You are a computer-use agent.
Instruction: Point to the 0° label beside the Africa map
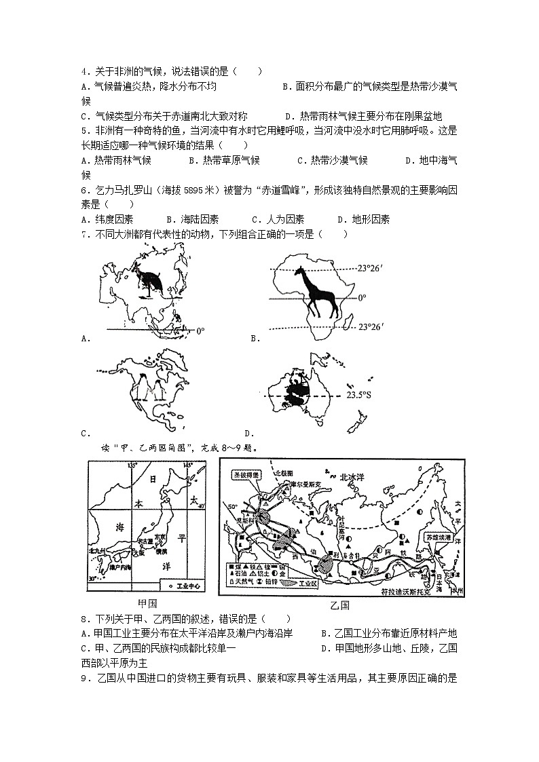tap(361, 297)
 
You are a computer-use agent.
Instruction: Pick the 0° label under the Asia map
tap(200, 331)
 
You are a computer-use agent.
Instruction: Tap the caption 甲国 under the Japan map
tap(147, 603)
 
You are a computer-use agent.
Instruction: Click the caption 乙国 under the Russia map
tap(339, 605)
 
